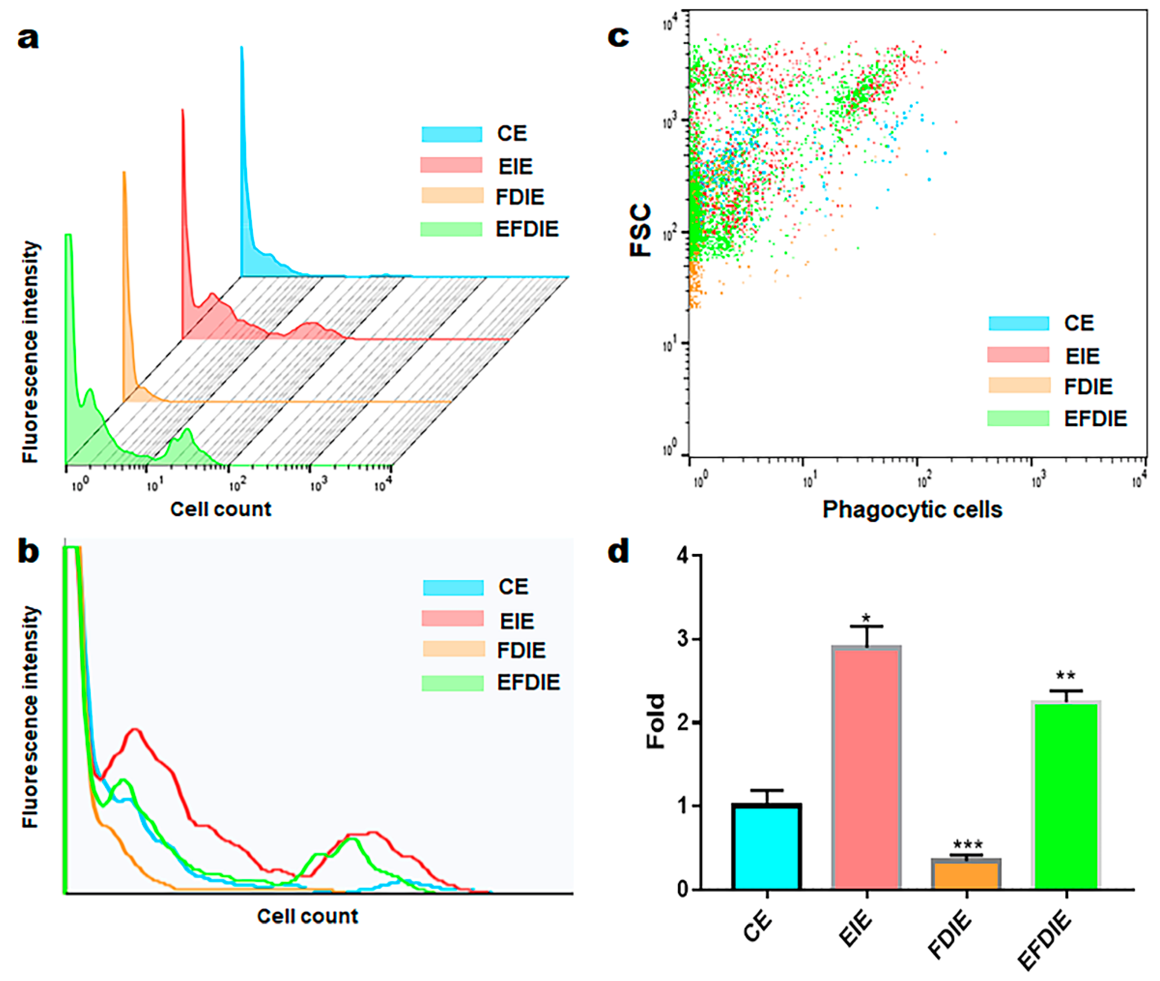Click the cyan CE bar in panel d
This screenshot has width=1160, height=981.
[766, 846]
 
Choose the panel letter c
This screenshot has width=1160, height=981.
[618, 37]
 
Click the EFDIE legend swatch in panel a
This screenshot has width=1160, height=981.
[451, 229]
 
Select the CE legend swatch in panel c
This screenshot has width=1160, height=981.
[1018, 323]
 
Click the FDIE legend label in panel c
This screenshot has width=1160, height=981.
[1088, 387]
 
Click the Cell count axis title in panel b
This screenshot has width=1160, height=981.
[307, 916]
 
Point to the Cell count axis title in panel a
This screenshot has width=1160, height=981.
[221, 509]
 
